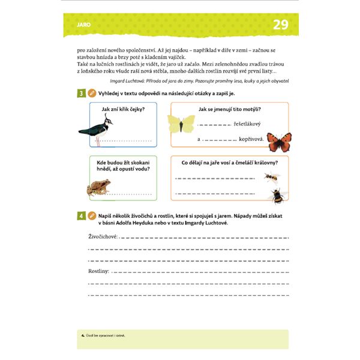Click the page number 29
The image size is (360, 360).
(280, 25)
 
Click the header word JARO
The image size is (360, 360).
(84, 25)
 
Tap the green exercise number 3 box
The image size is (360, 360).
(80, 93)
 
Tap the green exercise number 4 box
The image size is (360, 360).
(80, 215)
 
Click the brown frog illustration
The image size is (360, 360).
(97, 188)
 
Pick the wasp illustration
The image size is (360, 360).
(272, 177)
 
